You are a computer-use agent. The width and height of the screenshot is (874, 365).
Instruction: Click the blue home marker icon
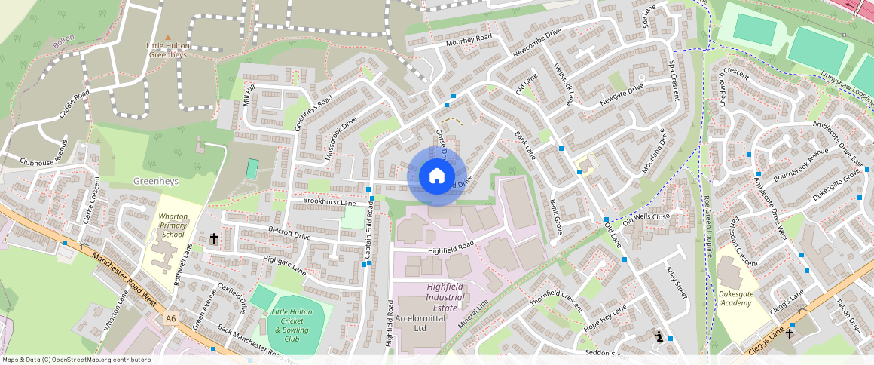point(436,176)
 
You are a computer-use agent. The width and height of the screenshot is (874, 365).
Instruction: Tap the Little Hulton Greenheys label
point(168,50)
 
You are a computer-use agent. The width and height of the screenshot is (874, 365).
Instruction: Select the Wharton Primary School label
point(173,225)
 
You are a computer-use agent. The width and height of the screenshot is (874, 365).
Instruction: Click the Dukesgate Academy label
point(735,298)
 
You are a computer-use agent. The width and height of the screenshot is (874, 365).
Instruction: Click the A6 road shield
point(170,319)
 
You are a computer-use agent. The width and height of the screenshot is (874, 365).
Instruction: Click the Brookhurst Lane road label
point(329,202)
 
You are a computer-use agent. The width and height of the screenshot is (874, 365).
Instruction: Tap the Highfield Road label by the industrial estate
point(450,247)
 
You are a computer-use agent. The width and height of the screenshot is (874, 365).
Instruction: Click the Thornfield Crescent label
point(556,300)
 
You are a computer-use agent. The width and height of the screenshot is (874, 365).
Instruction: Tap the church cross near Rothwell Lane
point(214,238)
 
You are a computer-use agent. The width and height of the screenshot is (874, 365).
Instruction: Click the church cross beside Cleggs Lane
point(790,333)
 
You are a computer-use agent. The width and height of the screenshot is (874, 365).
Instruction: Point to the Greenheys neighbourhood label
point(154,182)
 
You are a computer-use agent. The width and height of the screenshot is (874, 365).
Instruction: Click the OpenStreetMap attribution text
point(76,360)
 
